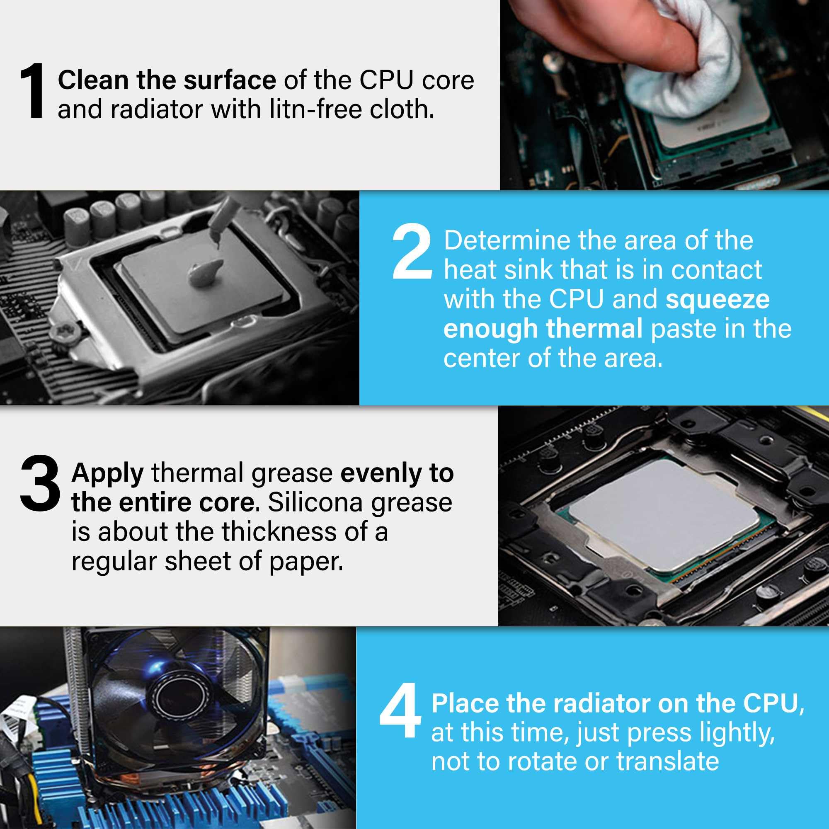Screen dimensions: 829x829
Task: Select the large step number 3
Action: (39, 484)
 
